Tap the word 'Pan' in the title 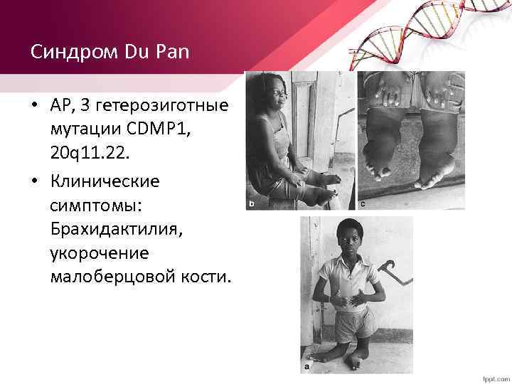[146, 53]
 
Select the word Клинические [105, 181]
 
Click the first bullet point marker [34, 107]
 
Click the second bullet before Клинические [34, 181]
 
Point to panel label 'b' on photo [250, 205]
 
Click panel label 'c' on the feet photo [363, 205]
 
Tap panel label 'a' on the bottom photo [306, 368]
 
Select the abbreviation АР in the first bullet [60, 106]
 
